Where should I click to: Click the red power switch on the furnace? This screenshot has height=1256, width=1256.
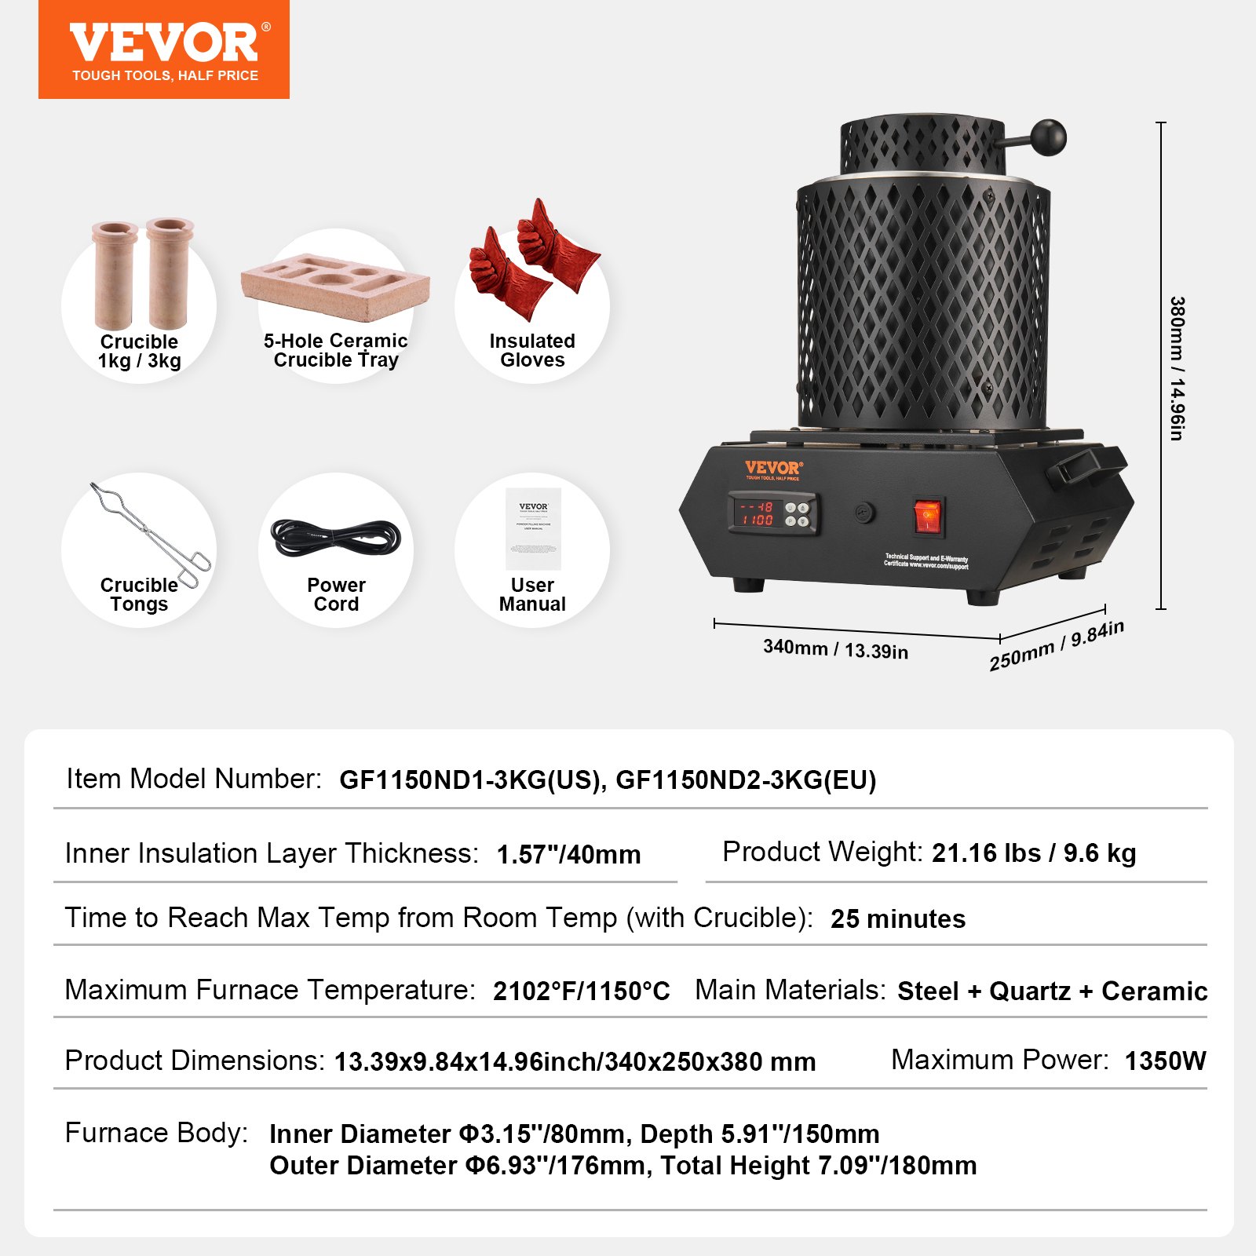928,517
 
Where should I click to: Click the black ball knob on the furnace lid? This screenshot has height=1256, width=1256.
1048,137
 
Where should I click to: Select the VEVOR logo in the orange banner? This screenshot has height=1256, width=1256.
164,43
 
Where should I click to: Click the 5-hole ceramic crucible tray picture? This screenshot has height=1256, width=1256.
335,286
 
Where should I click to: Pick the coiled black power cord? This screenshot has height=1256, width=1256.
336,539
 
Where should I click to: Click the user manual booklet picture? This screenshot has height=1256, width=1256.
533,528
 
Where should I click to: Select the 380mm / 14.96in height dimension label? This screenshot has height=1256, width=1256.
1176,368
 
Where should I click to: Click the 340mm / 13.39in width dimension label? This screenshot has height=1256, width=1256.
835,649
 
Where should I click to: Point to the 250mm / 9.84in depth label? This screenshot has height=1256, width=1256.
1056,645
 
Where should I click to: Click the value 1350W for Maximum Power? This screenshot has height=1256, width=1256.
1165,1061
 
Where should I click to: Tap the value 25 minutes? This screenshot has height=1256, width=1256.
898,918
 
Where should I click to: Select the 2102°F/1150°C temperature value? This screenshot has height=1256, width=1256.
581,991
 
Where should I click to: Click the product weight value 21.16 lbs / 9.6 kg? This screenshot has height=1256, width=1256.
1034,853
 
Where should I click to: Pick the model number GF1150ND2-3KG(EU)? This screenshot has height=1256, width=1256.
745,780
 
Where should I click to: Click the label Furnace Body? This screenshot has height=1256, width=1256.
156,1133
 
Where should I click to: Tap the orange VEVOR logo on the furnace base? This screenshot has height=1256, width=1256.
772,469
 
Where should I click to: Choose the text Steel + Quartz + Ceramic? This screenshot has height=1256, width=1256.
1052,991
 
